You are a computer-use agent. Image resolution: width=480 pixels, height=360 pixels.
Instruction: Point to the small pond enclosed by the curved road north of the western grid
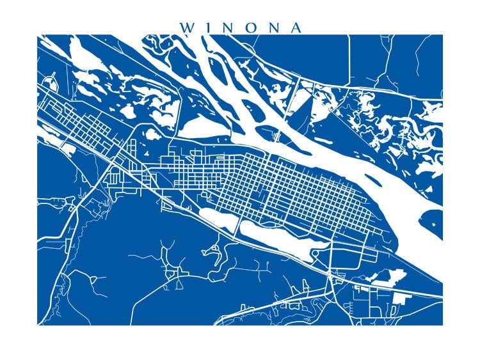152,135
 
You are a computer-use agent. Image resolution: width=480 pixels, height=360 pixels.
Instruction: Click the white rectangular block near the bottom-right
402,297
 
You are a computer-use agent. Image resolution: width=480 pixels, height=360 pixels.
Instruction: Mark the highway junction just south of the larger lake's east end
332,276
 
